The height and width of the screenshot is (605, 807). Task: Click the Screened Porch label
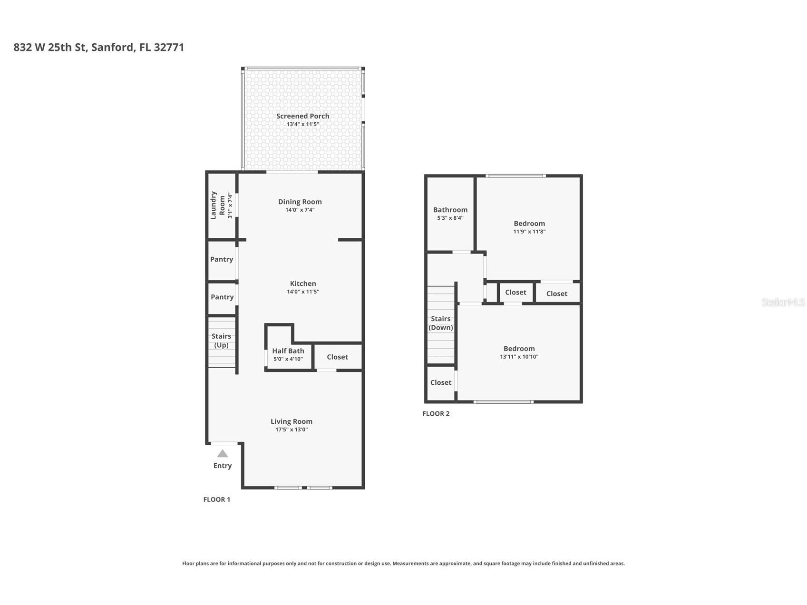302,116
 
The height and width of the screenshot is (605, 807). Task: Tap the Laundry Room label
217,205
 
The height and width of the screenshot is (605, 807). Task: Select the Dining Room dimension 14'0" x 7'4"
300,210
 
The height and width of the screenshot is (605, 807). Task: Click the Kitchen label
303,283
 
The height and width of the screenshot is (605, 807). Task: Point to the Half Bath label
288,351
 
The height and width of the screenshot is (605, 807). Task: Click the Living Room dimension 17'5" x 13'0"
292,429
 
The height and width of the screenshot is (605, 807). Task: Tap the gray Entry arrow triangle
223,453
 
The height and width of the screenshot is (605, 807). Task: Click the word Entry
223,466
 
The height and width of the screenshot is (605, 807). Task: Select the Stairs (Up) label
221,341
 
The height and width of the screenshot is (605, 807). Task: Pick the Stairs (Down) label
441,323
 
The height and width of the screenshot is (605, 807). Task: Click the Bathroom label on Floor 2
450,210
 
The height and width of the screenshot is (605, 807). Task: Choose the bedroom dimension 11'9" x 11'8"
529,232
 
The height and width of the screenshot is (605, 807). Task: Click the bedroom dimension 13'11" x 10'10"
519,357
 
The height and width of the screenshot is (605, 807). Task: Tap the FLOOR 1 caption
217,499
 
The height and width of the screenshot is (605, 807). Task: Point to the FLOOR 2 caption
436,413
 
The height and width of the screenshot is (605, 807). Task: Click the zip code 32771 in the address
169,47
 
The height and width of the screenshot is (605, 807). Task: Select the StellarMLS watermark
783,302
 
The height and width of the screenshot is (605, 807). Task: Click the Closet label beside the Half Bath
337,357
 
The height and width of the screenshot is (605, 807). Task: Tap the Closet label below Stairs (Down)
441,382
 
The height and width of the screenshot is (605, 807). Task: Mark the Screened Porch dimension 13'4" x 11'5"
303,124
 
